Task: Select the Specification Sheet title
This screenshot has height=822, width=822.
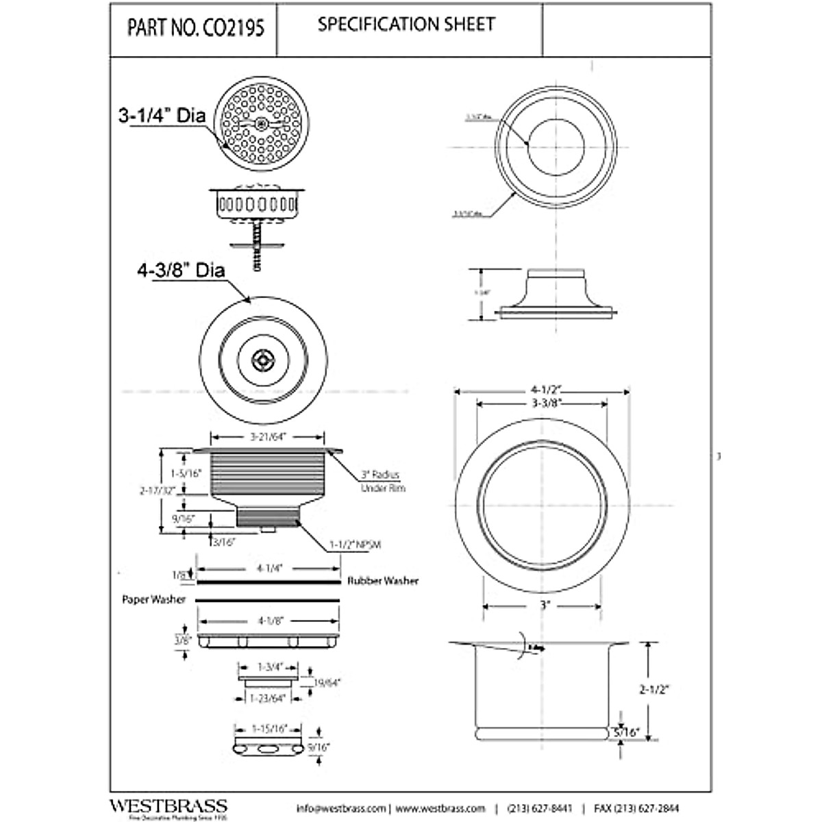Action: tap(406, 25)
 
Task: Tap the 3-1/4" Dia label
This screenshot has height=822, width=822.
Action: tap(162, 116)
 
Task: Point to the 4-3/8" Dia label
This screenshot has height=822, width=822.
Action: tap(181, 271)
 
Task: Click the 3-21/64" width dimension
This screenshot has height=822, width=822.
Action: tap(265, 436)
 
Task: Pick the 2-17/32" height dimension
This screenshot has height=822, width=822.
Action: tap(158, 490)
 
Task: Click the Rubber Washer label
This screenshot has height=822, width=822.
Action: tap(382, 581)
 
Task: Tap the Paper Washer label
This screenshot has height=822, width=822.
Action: tap(154, 599)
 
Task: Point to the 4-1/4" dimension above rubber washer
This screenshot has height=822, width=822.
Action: tap(269, 568)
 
